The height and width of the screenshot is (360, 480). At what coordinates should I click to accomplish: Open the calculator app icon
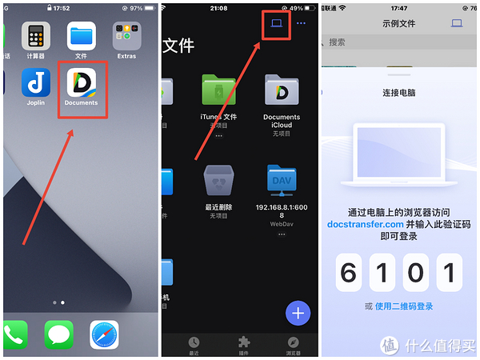(35, 35)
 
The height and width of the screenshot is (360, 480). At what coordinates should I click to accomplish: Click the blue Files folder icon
(81, 35)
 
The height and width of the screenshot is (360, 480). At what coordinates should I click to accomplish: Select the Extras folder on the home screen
(126, 35)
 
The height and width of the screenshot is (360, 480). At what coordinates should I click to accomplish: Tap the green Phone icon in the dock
(14, 334)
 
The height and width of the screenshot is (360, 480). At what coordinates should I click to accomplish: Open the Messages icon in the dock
(59, 334)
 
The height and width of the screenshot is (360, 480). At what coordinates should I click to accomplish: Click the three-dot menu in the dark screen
(302, 23)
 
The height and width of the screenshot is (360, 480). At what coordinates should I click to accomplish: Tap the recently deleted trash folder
(218, 182)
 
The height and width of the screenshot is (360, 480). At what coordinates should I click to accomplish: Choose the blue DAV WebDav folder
(282, 182)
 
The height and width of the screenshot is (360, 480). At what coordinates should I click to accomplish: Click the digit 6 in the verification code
(348, 274)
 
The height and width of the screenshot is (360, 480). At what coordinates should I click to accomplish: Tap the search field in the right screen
(392, 42)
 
